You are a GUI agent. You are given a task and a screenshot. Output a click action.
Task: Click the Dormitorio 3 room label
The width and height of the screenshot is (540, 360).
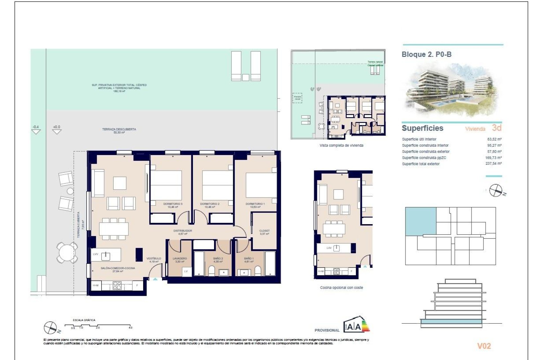(173, 205)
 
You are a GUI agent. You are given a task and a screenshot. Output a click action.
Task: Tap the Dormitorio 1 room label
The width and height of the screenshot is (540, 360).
(255, 205)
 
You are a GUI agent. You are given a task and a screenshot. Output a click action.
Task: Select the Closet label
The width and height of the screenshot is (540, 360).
(264, 232)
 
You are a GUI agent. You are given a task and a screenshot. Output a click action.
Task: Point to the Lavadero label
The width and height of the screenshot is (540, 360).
(179, 260)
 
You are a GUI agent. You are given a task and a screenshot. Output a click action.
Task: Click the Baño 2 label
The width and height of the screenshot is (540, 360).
(218, 260)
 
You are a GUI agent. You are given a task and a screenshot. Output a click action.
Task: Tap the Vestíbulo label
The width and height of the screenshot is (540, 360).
(154, 260)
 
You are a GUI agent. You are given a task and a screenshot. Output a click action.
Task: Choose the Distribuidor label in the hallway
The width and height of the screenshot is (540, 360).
(183, 232)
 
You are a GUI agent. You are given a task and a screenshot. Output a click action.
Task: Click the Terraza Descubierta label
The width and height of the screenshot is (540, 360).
(119, 130)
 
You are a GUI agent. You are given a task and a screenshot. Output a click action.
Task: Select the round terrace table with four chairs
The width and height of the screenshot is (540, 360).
(67, 252)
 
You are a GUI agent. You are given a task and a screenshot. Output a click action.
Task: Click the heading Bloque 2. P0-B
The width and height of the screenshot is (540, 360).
(426, 54)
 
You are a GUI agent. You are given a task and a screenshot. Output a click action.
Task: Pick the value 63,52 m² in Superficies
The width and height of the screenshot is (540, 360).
(494, 139)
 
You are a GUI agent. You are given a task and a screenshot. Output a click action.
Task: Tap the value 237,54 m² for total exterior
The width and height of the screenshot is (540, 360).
(493, 163)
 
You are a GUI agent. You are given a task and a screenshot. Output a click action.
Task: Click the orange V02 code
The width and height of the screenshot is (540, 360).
(484, 346)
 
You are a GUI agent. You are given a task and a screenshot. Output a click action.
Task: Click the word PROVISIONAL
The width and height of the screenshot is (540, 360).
(327, 330)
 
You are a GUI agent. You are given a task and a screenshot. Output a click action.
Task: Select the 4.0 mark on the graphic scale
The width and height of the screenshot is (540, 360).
(130, 327)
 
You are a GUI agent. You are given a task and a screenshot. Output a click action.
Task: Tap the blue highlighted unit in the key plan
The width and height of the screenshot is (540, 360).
(420, 221)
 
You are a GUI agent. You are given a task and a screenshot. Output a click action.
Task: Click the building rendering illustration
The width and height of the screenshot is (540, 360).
(452, 90)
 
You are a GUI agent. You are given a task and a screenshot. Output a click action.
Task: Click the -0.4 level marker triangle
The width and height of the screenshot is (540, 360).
(36, 131)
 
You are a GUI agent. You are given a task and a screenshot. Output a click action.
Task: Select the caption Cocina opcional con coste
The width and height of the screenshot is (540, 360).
(341, 287)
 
